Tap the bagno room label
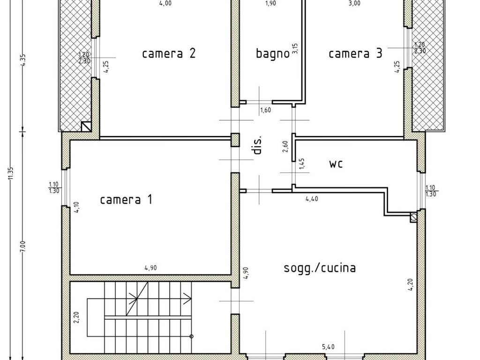click(x=272, y=53)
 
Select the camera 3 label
click(x=355, y=53)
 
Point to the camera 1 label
click(x=126, y=200)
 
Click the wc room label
click(x=336, y=164)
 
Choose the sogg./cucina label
click(x=320, y=268)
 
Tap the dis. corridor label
click(x=257, y=145)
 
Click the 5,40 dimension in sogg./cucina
click(x=328, y=347)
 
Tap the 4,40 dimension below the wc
click(x=312, y=199)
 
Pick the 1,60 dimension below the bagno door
click(x=265, y=110)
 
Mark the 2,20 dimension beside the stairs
click(x=76, y=318)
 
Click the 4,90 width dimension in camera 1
click(x=150, y=268)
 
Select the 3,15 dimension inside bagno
click(x=295, y=49)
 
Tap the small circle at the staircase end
click(x=192, y=336)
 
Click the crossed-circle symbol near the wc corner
click(x=413, y=217)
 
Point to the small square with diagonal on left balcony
click(x=86, y=126)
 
